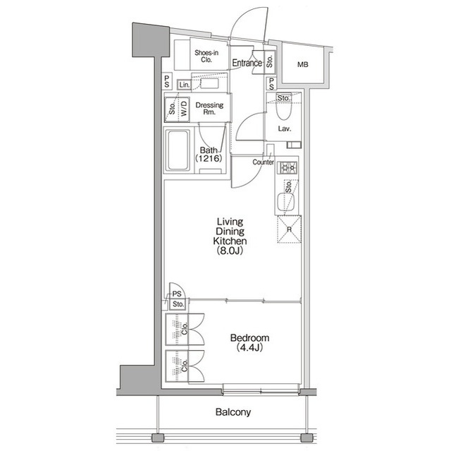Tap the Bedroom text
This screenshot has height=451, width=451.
point(250,338)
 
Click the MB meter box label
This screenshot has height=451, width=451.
point(302,65)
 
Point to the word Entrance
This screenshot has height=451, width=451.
point(247,64)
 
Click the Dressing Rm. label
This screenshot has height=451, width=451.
point(209,109)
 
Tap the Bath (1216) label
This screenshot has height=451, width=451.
point(209,155)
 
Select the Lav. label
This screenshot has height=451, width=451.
point(285,129)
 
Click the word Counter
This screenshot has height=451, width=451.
point(263,162)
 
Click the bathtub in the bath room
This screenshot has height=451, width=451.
point(178,150)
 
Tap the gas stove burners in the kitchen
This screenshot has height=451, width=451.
point(288,168)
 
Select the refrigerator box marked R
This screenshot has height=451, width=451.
point(288,229)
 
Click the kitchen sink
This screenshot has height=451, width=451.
point(288,203)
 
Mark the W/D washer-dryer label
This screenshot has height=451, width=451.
point(183,109)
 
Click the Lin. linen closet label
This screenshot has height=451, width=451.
point(185,85)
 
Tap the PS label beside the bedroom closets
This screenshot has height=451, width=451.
point(178,294)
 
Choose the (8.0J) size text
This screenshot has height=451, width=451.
point(230,251)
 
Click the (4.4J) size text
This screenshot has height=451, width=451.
point(250,348)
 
